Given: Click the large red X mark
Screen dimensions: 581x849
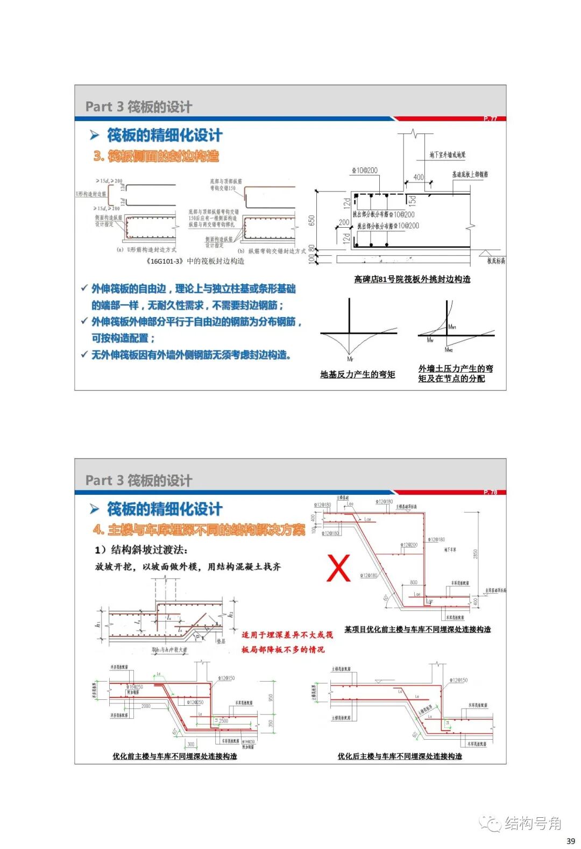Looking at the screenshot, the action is coord(338,569).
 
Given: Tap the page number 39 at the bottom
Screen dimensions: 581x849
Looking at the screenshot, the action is coord(571,840).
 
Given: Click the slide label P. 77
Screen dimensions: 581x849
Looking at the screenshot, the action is coord(490,118).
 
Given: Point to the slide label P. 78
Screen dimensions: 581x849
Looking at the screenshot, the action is coord(490,492).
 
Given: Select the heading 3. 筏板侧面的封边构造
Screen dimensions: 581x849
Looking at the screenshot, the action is coord(156,156).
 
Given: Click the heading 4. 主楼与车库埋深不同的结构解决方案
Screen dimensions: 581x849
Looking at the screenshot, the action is coord(199,530).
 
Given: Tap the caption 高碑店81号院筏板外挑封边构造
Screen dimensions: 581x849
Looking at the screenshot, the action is coord(412,279).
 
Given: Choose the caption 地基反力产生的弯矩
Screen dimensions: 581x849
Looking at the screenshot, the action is coord(358,374).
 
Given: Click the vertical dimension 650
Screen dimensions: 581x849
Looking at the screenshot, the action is coord(311,221).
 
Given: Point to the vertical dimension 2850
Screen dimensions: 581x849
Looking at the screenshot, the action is coord(476,554).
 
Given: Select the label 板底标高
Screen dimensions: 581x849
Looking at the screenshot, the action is coord(496,261).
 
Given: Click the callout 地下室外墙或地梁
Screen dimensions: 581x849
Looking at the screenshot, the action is coord(447,155).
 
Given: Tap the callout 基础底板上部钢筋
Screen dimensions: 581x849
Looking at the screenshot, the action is coord(470,174).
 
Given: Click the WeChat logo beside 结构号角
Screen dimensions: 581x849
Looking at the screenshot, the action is coord(491,823).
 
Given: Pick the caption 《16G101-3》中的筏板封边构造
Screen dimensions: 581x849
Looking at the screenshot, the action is coord(195,261).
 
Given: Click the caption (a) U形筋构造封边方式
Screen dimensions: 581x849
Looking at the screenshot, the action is coord(146,250).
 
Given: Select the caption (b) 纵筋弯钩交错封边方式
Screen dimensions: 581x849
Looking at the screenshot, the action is coord(272,251).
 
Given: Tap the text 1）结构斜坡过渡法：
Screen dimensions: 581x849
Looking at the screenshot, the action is coord(141,550).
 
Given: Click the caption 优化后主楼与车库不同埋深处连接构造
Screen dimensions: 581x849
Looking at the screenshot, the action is coord(400,756).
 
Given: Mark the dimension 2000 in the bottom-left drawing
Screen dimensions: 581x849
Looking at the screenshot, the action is coord(146,706).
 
